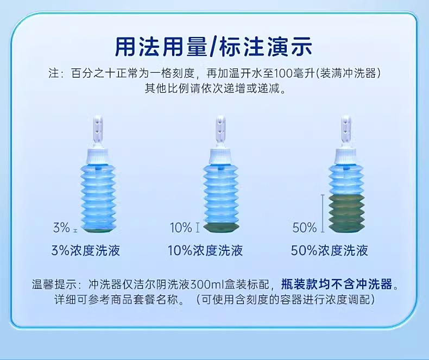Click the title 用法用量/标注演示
[213, 47]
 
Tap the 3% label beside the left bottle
[61, 228]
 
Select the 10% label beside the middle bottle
[181, 228]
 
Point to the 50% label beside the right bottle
[305, 228]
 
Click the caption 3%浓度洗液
[86, 250]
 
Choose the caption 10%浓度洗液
[205, 250]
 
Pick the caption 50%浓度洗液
[330, 250]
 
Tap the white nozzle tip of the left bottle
[98, 129]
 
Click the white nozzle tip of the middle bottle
[220, 129]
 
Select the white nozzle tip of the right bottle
[346, 129]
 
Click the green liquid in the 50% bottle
[346, 213]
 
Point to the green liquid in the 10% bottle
[221, 227]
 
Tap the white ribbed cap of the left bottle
[98, 156]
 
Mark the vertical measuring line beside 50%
[323, 213]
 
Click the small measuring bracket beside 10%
[198, 228]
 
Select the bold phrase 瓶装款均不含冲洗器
[337, 284]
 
